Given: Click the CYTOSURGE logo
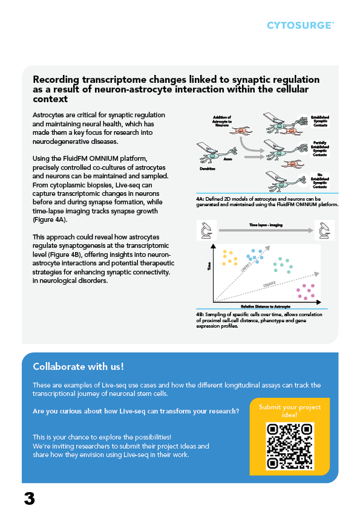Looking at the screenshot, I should (300, 25).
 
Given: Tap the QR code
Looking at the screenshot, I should (290, 445).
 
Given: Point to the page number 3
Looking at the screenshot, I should (29, 499).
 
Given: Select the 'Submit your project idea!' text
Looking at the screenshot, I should (290, 411).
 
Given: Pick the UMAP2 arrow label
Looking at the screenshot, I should (269, 284).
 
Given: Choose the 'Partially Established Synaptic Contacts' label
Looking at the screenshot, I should (320, 149).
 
